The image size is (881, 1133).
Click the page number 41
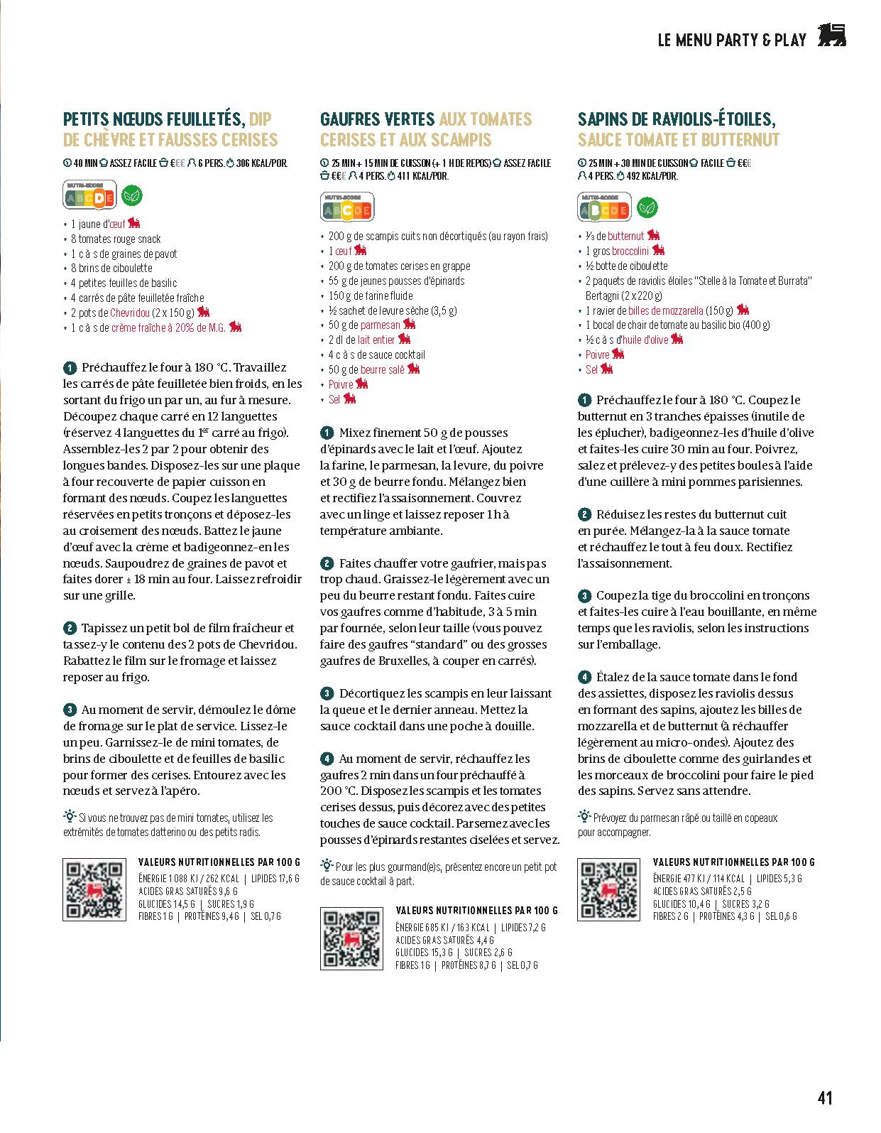coord(824,1097)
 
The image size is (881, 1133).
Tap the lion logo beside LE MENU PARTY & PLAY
coord(831,36)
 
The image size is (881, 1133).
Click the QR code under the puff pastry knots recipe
coord(94,890)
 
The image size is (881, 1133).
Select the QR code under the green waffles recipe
coord(351,938)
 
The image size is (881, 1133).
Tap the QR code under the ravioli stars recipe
coord(608,890)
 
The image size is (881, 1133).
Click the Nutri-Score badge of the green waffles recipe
coord(347,208)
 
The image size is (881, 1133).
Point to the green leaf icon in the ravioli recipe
coord(647,207)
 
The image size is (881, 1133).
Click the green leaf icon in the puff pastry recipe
coord(132,195)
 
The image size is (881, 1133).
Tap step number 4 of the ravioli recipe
coord(584,677)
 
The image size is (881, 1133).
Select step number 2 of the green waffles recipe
coord(327,563)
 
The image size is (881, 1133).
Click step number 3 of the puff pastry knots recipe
coord(70,710)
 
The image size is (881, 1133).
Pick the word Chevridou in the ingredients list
coord(130,313)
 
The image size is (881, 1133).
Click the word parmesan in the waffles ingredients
coord(380,325)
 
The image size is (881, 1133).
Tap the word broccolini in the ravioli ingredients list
coord(630,251)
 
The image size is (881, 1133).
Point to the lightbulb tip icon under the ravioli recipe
coord(584,815)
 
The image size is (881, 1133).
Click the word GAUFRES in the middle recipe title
coord(352,119)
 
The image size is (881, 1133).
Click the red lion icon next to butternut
coord(653,235)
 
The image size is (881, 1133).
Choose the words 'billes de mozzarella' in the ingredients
coord(665,310)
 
